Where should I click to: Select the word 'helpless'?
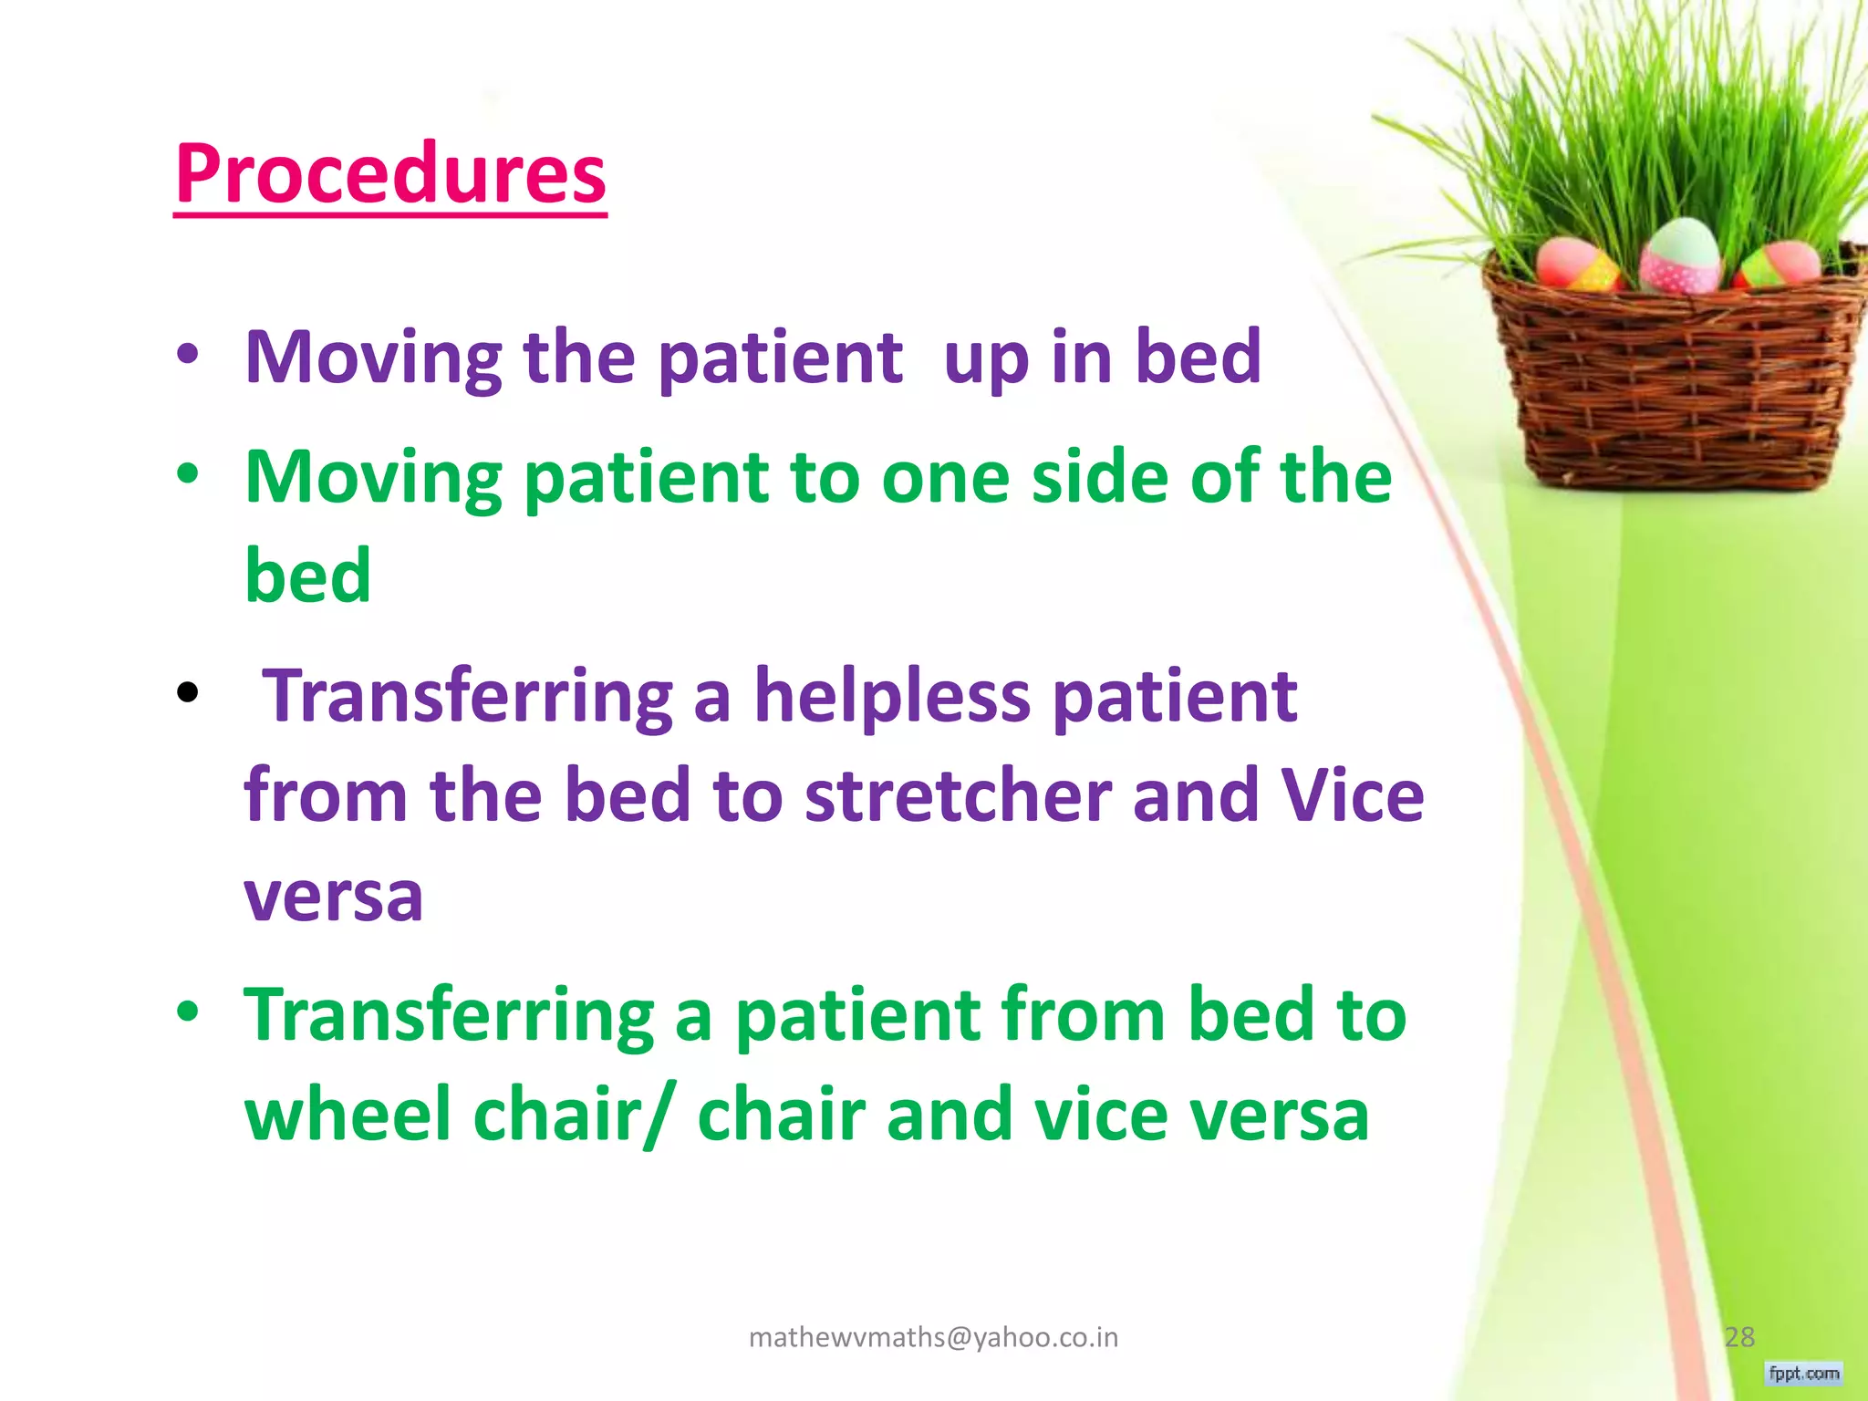click(891, 697)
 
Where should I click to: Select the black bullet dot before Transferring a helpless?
click(188, 692)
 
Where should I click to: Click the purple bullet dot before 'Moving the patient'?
click(188, 357)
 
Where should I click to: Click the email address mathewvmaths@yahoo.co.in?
click(933, 1337)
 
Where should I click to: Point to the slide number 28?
click(1738, 1337)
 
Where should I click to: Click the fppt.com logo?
click(1803, 1373)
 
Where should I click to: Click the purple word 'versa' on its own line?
click(334, 896)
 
